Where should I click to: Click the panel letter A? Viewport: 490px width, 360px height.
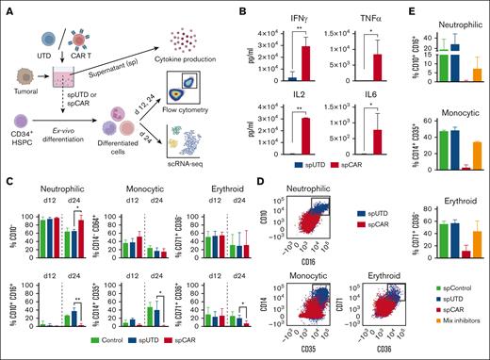click(x=8, y=8)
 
